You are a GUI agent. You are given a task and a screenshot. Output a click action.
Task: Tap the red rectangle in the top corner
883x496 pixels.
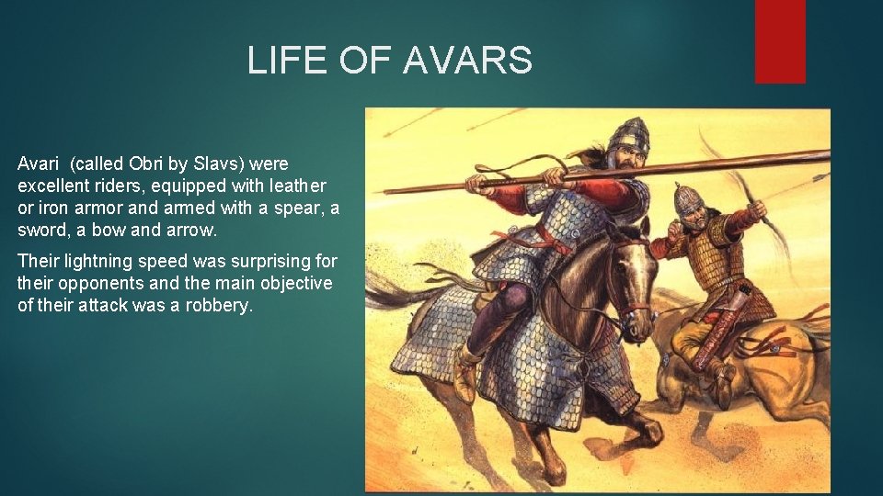pos(780,40)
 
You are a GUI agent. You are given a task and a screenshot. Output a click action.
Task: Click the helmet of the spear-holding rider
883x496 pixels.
pos(627,136)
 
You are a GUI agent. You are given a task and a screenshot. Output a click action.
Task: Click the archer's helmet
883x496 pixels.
pos(689,198)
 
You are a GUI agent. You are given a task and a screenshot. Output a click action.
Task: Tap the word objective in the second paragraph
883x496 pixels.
pos(293,283)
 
